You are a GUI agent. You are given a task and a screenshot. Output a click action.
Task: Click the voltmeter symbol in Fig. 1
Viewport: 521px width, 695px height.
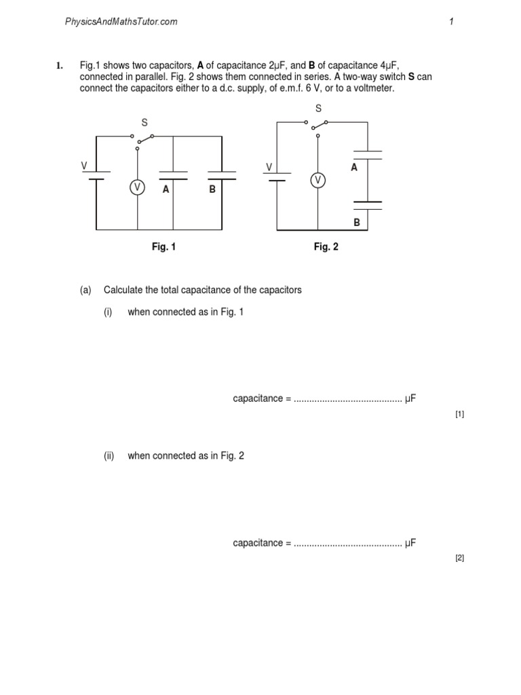pyautogui.click(x=138, y=187)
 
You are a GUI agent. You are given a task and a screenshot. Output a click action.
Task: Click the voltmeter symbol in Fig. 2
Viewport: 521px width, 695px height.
pyautogui.click(x=317, y=180)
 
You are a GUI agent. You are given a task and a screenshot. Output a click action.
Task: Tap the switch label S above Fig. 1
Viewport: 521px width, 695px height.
pyautogui.click(x=144, y=123)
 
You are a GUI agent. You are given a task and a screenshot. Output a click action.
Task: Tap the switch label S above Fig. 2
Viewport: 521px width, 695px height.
pyautogui.click(x=318, y=109)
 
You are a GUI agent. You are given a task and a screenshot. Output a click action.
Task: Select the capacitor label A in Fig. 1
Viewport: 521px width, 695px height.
pyautogui.click(x=166, y=190)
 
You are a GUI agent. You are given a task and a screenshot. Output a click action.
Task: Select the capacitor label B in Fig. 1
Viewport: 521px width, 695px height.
pyautogui.click(x=212, y=190)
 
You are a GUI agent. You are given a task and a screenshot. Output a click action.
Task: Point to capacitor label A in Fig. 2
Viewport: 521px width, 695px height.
pyautogui.click(x=354, y=167)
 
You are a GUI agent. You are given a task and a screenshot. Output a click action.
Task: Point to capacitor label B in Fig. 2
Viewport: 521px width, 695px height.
pyautogui.click(x=356, y=222)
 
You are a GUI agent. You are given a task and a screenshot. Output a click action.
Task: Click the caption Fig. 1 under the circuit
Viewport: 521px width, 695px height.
pyautogui.click(x=163, y=247)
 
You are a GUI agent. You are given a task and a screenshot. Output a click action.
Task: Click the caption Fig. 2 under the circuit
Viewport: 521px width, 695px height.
pyautogui.click(x=326, y=247)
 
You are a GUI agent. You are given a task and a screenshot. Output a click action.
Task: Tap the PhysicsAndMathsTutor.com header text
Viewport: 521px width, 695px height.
pyautogui.click(x=121, y=22)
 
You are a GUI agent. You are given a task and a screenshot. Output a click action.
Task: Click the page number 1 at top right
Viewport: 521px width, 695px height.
pyautogui.click(x=451, y=22)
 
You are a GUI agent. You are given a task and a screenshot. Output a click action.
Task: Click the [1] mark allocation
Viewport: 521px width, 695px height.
pyautogui.click(x=460, y=414)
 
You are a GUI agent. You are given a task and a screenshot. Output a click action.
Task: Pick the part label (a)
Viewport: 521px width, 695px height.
pyautogui.click(x=85, y=290)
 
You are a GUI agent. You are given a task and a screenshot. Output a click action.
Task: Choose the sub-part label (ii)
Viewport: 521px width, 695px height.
pyautogui.click(x=109, y=456)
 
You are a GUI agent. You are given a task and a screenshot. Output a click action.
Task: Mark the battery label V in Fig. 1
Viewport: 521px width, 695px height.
pyautogui.click(x=84, y=166)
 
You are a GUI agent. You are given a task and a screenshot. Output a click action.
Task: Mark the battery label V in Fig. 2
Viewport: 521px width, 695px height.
pyautogui.click(x=269, y=167)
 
